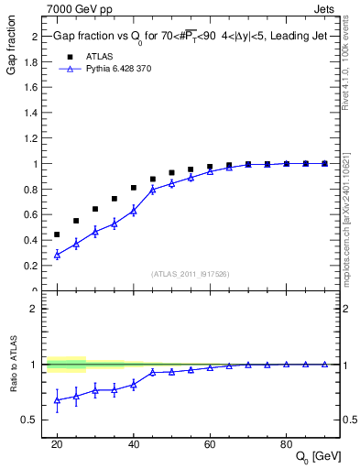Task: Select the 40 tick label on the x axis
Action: point(134,443)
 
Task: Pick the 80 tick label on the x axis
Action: point(286,443)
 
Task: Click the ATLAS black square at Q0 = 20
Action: point(57,234)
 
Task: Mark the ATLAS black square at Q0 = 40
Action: point(134,188)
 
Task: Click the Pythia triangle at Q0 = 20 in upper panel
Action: point(57,255)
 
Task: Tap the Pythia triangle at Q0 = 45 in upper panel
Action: point(153,189)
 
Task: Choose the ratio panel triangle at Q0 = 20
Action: point(57,399)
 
